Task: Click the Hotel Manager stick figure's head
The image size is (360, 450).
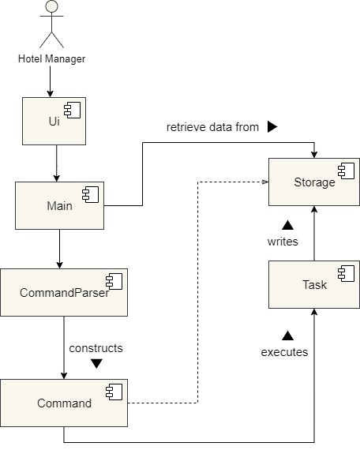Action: point(51,6)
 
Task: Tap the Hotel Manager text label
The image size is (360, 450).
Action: point(51,59)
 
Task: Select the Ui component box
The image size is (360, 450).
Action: point(54,121)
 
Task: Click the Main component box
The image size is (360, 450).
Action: point(59,205)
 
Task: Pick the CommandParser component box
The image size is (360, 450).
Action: point(64,292)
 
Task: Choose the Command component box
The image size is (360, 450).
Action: point(64,403)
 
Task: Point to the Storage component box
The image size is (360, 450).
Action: point(314,182)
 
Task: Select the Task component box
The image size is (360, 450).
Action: point(314,285)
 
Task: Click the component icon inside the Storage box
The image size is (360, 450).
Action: point(347,171)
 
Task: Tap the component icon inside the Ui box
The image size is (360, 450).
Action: point(73,110)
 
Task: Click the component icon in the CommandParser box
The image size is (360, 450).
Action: point(114,281)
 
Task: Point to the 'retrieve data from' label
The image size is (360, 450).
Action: point(212,127)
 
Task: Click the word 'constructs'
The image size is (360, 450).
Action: point(96,348)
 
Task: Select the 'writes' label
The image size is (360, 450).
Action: point(283,242)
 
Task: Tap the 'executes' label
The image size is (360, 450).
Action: point(284,352)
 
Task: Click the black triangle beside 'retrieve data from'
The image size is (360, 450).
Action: point(272,127)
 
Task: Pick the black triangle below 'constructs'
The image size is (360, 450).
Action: point(96,364)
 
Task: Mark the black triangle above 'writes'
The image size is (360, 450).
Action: point(287,225)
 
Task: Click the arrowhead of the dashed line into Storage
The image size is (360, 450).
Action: point(265,182)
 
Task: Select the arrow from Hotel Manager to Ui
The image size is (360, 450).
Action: point(50,81)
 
